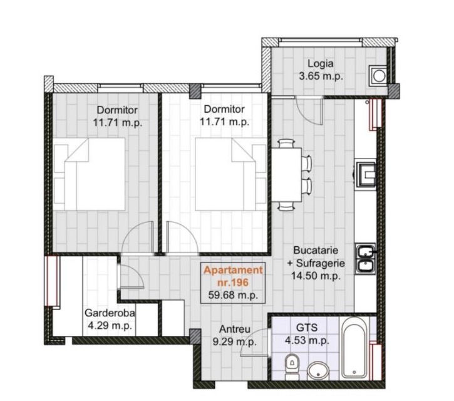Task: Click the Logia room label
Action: click(x=320, y=63)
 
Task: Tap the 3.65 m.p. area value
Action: click(x=321, y=76)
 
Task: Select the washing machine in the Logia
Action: click(x=378, y=76)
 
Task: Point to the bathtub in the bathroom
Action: click(x=354, y=347)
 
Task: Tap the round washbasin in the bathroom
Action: click(x=318, y=371)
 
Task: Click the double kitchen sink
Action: click(x=366, y=259)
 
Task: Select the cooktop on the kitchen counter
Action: click(x=366, y=174)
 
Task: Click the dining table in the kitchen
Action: click(x=286, y=175)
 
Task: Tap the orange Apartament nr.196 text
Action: click(x=233, y=276)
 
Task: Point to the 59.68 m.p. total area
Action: click(x=233, y=295)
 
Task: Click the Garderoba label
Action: click(x=110, y=313)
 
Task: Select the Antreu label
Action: click(x=235, y=329)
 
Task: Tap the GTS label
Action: click(x=307, y=328)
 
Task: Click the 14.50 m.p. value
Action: click(x=316, y=276)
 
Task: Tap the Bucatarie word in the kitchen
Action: click(x=316, y=250)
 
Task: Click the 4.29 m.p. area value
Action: click(x=110, y=326)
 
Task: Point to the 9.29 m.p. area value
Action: click(x=235, y=342)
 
